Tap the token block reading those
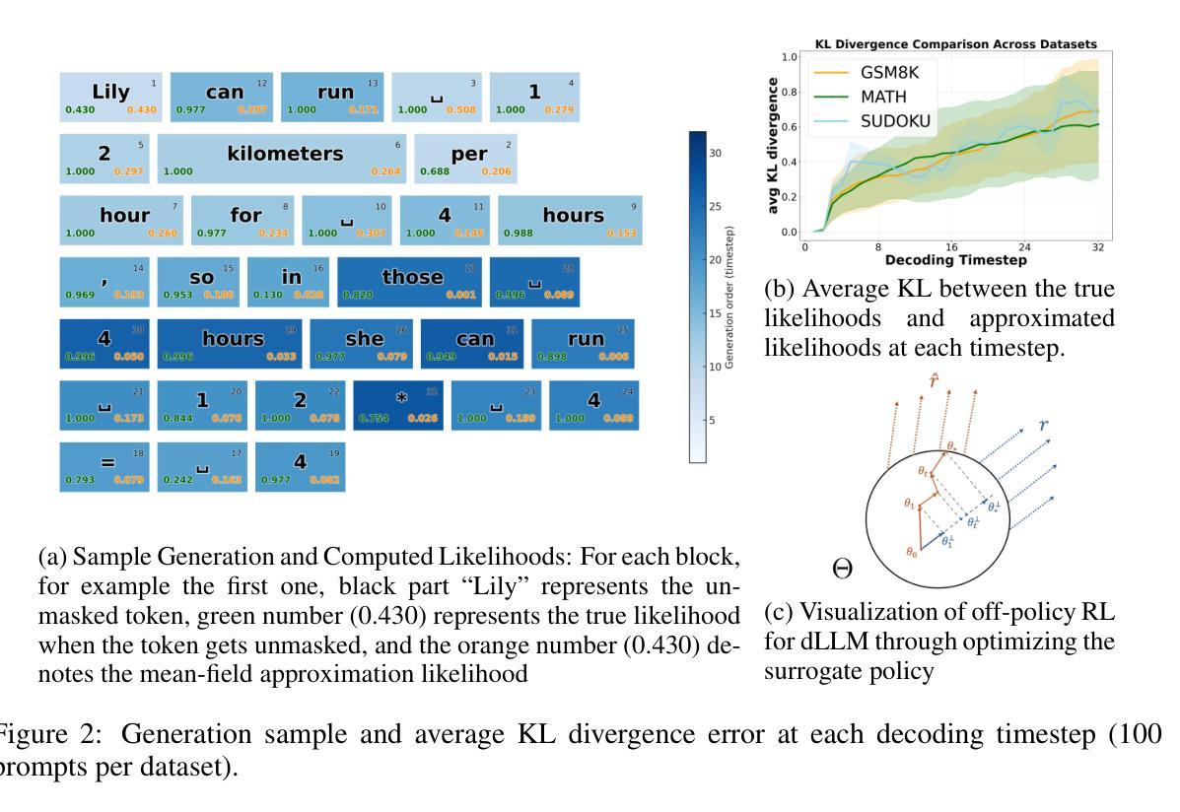pyautogui.click(x=412, y=282)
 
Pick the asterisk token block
pyautogui.click(x=400, y=406)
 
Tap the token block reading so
pyautogui.click(x=200, y=282)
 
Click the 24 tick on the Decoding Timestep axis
pyautogui.click(x=1025, y=247)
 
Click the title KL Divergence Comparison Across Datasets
pyautogui.click(x=956, y=44)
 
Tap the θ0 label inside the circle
pyautogui.click(x=912, y=553)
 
